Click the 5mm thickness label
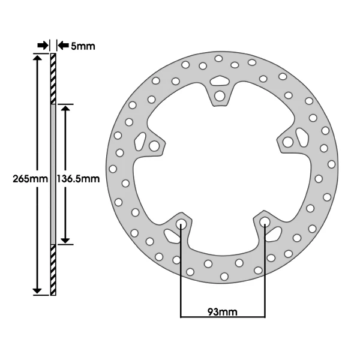coord(83,46)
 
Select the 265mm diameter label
coord(31,179)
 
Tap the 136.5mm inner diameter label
coord(78,179)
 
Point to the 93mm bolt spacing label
coord(223,312)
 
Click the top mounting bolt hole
coord(220,96)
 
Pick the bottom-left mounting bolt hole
coord(181,223)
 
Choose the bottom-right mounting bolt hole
coord(265,221)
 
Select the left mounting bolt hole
coord(154,146)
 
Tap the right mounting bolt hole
coord(287,142)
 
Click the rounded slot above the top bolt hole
coord(220,80)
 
